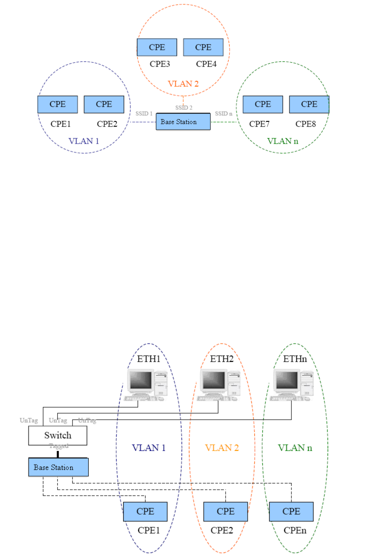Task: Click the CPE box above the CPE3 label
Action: [157, 47]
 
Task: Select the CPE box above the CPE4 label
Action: [203, 47]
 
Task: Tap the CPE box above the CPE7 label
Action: [263, 104]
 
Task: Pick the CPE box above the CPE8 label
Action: [309, 104]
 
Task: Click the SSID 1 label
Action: [144, 113]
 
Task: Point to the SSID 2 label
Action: [184, 108]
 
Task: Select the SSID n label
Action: [223, 113]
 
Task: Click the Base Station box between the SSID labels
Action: [183, 122]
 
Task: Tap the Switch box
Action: [58, 436]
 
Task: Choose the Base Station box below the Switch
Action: [58, 467]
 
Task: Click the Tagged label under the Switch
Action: [59, 446]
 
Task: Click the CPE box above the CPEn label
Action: [291, 511]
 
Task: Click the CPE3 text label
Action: [160, 64]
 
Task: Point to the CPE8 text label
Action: [306, 124]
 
